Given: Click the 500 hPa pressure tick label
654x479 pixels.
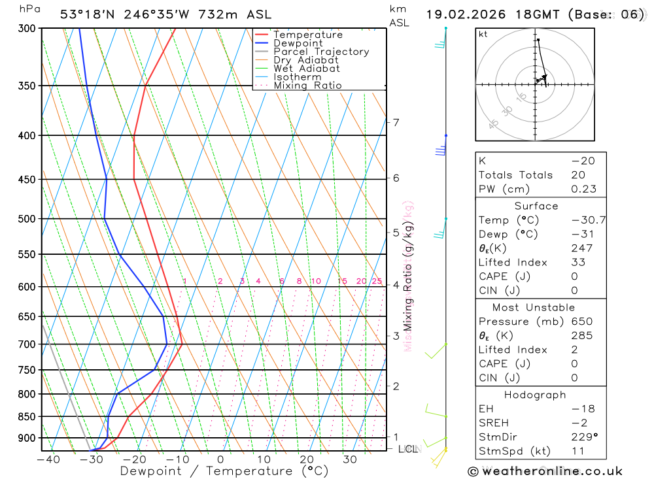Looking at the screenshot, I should click(x=26, y=219).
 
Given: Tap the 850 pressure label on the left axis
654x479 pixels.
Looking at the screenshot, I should click(x=26, y=417).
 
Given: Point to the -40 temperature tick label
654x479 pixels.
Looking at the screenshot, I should click(x=48, y=459).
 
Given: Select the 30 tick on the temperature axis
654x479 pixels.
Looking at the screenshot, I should click(x=349, y=459).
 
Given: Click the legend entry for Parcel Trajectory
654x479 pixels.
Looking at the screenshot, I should click(x=321, y=52).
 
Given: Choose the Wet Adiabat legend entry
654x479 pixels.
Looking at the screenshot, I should click(x=307, y=69).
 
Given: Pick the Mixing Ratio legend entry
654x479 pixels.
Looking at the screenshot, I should click(x=307, y=86).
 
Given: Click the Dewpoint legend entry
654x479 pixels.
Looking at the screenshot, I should click(x=298, y=43).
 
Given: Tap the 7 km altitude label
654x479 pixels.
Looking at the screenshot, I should click(x=396, y=122).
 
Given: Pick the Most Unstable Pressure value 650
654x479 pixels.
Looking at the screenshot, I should click(x=582, y=322).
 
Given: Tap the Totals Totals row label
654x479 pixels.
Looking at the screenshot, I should click(x=515, y=175).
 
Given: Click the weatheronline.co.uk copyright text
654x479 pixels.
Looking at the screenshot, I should click(x=545, y=471).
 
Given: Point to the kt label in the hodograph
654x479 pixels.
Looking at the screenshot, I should click(x=483, y=35).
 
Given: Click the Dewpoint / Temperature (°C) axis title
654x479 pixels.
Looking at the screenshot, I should click(x=224, y=471).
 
